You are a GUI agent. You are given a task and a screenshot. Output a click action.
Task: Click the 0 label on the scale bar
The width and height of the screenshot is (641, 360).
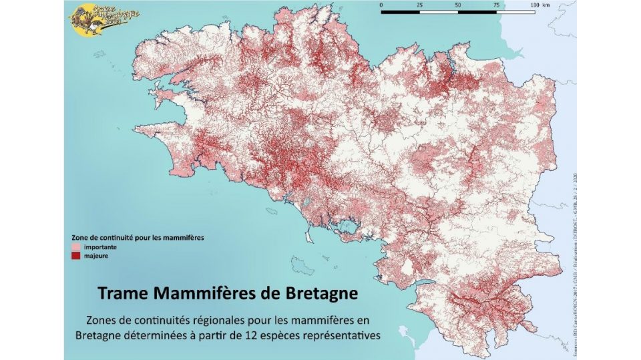pyautogui.click(x=381, y=5)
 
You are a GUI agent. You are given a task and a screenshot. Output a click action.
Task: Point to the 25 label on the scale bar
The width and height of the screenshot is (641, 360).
pyautogui.click(x=419, y=5)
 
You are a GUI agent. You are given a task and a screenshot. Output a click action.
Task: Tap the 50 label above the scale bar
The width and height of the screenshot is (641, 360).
pyautogui.click(x=457, y=5)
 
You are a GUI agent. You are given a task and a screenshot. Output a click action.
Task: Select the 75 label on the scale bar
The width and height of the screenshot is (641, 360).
pyautogui.click(x=495, y=5)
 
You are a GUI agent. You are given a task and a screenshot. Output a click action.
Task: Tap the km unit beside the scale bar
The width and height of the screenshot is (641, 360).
pyautogui.click(x=548, y=5)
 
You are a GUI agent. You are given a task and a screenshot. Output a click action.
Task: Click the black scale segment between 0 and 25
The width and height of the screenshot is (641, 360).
pyautogui.click(x=399, y=11)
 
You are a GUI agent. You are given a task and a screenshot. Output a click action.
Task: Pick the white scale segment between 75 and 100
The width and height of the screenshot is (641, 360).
pyautogui.click(x=515, y=11)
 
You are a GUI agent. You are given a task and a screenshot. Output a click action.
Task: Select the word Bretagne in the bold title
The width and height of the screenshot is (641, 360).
pyautogui.click(x=320, y=294)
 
